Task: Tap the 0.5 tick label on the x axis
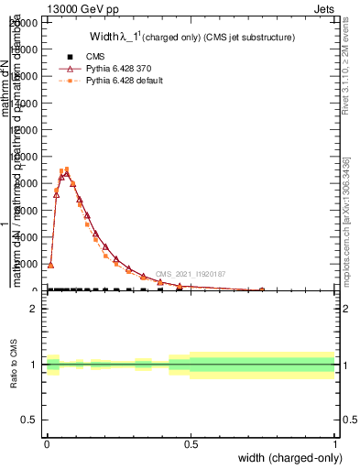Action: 191,443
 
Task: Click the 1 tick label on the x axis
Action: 335,443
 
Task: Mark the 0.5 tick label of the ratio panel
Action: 31,420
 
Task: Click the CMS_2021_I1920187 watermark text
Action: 190,274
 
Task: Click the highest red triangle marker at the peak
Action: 66,173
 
